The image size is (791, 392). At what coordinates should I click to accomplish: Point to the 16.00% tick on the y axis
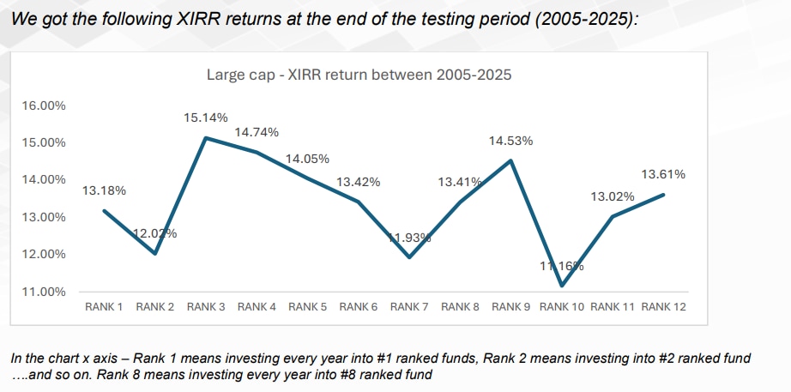pyautogui.click(x=43, y=106)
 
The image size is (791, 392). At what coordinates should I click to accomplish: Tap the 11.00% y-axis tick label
pyautogui.click(x=43, y=292)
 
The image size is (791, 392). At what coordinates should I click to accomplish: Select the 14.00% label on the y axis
pyautogui.click(x=43, y=180)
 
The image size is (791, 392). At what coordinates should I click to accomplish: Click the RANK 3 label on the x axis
pyautogui.click(x=206, y=306)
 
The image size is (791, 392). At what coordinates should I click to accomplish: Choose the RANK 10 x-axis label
pyautogui.click(x=562, y=306)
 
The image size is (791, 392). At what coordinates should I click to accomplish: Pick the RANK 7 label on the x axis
pyautogui.click(x=409, y=306)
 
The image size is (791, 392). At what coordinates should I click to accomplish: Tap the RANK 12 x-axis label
pyautogui.click(x=664, y=306)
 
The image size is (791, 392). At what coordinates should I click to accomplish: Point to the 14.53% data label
pyautogui.click(x=510, y=140)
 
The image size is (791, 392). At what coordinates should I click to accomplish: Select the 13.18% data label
pyautogui.click(x=104, y=190)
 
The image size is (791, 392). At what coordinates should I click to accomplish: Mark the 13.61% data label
pyautogui.click(x=663, y=175)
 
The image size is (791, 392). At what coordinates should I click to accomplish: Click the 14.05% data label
pyautogui.click(x=307, y=159)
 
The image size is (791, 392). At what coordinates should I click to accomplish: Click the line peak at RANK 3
pyautogui.click(x=206, y=138)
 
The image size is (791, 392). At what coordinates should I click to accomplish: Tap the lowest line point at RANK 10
pyautogui.click(x=562, y=286)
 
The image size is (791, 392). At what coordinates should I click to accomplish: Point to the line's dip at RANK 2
pyautogui.click(x=155, y=254)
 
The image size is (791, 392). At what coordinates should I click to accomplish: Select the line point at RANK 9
pyautogui.click(x=511, y=160)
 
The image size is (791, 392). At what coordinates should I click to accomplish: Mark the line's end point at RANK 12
pyautogui.click(x=664, y=195)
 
